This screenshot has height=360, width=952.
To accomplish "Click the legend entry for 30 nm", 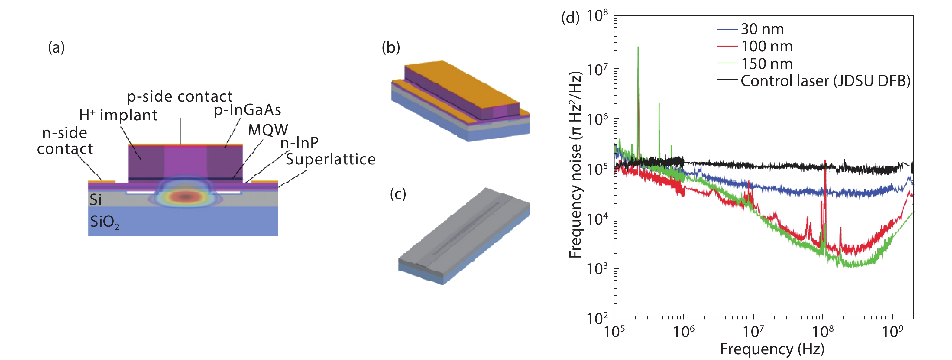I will pos(762,29).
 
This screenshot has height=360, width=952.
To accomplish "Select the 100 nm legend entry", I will pos(766,46).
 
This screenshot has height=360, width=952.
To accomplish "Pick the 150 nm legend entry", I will pos(766,63).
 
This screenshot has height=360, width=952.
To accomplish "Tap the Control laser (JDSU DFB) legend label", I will pos(825,81).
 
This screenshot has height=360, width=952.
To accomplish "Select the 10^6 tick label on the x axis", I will pos(683,332).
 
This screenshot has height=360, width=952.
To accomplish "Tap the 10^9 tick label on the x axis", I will pos(892,332).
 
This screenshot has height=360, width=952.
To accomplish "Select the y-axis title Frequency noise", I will pos(575,164).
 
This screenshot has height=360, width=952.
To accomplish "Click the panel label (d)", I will pos(570,17).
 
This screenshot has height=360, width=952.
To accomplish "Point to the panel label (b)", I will pos(391,47).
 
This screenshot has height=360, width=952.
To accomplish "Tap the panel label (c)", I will pos(398,194).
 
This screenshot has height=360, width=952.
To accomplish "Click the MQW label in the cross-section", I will pos(267,130).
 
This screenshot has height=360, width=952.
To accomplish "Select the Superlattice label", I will pos(330,159).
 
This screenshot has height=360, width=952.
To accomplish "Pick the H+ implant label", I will pos(118,115).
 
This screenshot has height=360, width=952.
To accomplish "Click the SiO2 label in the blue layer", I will pos(105,222).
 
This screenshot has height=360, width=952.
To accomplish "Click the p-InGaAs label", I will pos(247,110).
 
